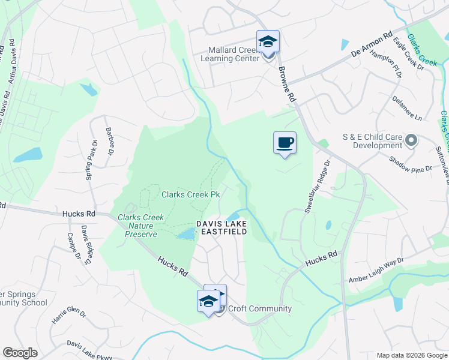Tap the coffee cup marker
pos(285,143)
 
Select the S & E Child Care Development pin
pos(411,141)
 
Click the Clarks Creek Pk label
pos(190,194)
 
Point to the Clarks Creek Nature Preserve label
pos(137,226)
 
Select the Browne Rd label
pos(288,84)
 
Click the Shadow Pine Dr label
pos(410,164)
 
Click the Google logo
pos(20,352)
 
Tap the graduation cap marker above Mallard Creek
pos(268,41)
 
